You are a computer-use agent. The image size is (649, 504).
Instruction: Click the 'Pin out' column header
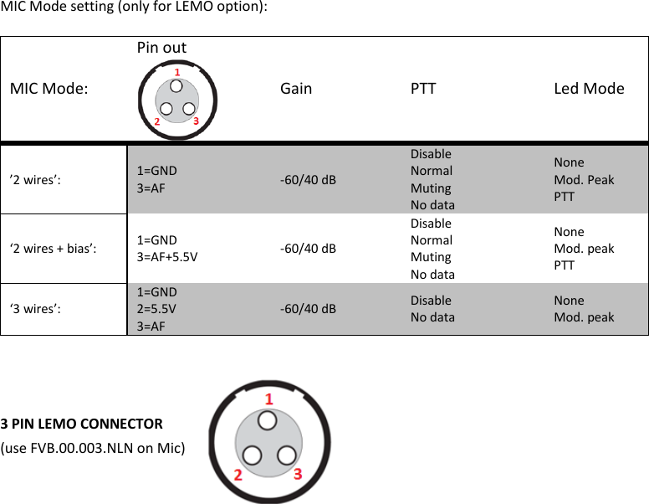pos(161,48)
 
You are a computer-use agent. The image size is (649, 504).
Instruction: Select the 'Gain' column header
pos(296,88)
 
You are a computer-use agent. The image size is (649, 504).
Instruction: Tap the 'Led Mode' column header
pos(589,88)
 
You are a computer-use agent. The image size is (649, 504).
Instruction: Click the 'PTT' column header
pos(423,88)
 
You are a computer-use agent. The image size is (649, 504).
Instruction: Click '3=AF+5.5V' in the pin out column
pos(167,256)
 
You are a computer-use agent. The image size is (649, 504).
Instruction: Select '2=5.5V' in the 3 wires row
pos(156,308)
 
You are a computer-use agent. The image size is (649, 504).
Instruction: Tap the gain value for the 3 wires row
pos(308,308)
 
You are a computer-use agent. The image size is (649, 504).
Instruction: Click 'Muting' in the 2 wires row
pos(431,188)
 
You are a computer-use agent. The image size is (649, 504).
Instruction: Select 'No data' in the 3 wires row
pos(432,316)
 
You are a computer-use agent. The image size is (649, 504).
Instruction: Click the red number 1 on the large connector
pos(268,399)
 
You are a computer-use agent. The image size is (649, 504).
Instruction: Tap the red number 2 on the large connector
pos(238,475)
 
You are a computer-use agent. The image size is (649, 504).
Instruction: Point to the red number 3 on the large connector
pos(298,474)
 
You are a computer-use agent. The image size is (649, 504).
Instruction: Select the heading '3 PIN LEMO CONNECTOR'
pos(82,423)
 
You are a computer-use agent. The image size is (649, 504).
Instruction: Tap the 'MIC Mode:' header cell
pos(49,88)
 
